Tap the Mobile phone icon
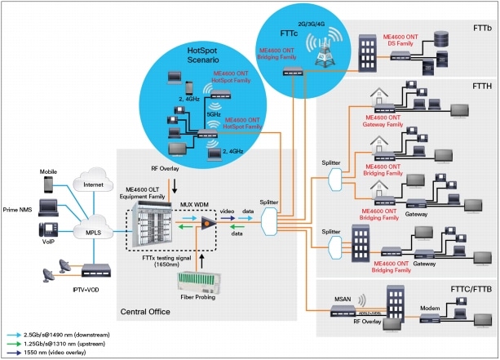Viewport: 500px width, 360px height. point(47,186)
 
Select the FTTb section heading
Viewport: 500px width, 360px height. point(481,28)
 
